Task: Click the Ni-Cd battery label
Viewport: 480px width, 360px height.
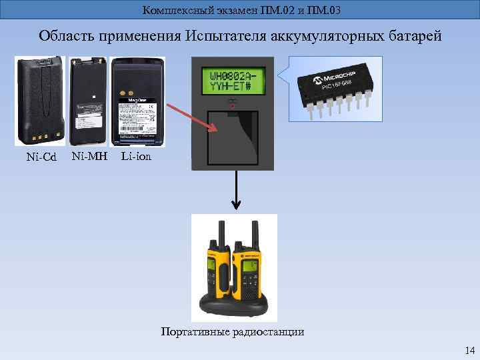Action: [41, 157]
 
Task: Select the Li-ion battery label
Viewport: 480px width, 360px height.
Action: [136, 157]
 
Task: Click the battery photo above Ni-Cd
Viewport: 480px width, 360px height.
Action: [41, 101]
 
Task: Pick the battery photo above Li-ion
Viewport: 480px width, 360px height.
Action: [136, 101]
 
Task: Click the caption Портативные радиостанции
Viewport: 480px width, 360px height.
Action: [233, 331]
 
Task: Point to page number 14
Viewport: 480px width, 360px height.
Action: [469, 351]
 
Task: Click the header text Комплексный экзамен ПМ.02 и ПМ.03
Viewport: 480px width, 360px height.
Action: [241, 9]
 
